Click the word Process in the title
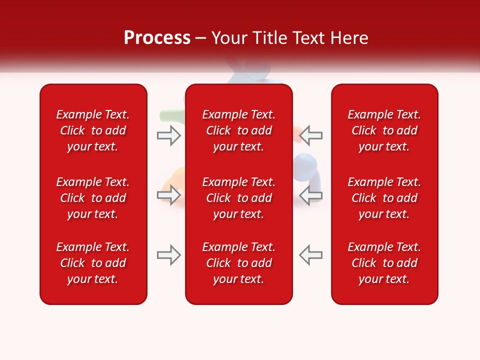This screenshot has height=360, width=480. (157, 38)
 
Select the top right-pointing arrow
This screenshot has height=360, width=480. (169, 135)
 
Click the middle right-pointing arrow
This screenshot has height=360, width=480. (169, 195)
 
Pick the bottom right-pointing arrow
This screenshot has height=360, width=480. (169, 255)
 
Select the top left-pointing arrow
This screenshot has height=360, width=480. (311, 135)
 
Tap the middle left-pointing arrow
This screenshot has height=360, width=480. (311, 195)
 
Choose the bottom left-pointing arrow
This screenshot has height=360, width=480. (311, 255)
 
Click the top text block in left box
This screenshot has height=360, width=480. (93, 130)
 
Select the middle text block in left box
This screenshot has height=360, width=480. (93, 198)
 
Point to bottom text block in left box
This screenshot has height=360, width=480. (93, 263)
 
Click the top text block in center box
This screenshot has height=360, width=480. (238, 130)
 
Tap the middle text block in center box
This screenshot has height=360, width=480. (238, 198)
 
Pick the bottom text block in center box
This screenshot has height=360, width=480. (238, 263)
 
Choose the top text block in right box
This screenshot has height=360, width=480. (384, 130)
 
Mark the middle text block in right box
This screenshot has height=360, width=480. (384, 198)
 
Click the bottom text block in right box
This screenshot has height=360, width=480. (384, 263)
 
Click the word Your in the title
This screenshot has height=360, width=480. (228, 38)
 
